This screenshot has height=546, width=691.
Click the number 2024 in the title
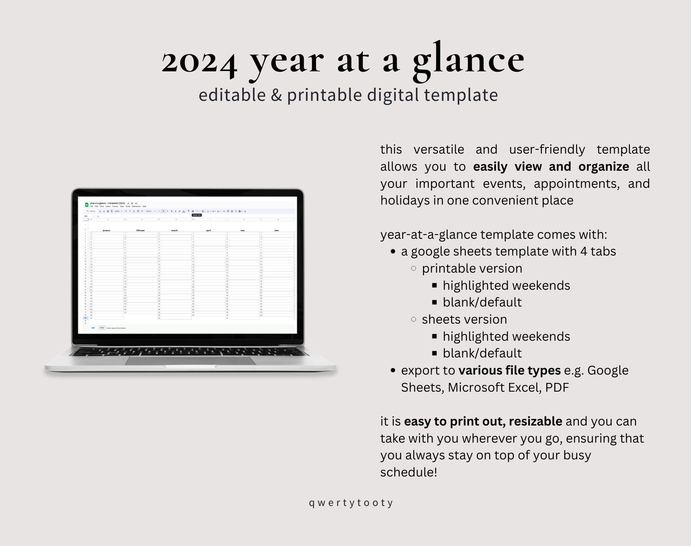coord(199,61)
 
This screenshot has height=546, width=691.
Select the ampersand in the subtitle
coord(276,95)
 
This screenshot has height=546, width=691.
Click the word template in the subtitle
coord(461,95)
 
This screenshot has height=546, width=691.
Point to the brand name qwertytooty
coord(351,503)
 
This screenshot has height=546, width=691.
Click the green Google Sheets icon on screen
coord(87,205)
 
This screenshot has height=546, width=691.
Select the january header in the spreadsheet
coord(106,230)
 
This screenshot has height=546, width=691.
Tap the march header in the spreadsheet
coord(175,230)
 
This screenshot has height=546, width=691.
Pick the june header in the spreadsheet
coord(277,230)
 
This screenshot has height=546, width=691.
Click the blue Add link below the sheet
coord(93,328)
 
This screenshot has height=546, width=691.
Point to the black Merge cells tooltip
coord(197,215)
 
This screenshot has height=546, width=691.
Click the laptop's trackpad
coord(191,360)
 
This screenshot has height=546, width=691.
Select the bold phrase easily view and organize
coord(551,166)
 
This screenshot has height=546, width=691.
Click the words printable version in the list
coord(472,269)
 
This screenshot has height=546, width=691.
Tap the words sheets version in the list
coord(464,320)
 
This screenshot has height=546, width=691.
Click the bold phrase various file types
coord(510,371)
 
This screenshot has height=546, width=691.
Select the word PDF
coord(557,388)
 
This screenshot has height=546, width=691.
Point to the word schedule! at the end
coord(408,472)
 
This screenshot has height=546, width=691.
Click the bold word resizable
coord(535,422)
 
